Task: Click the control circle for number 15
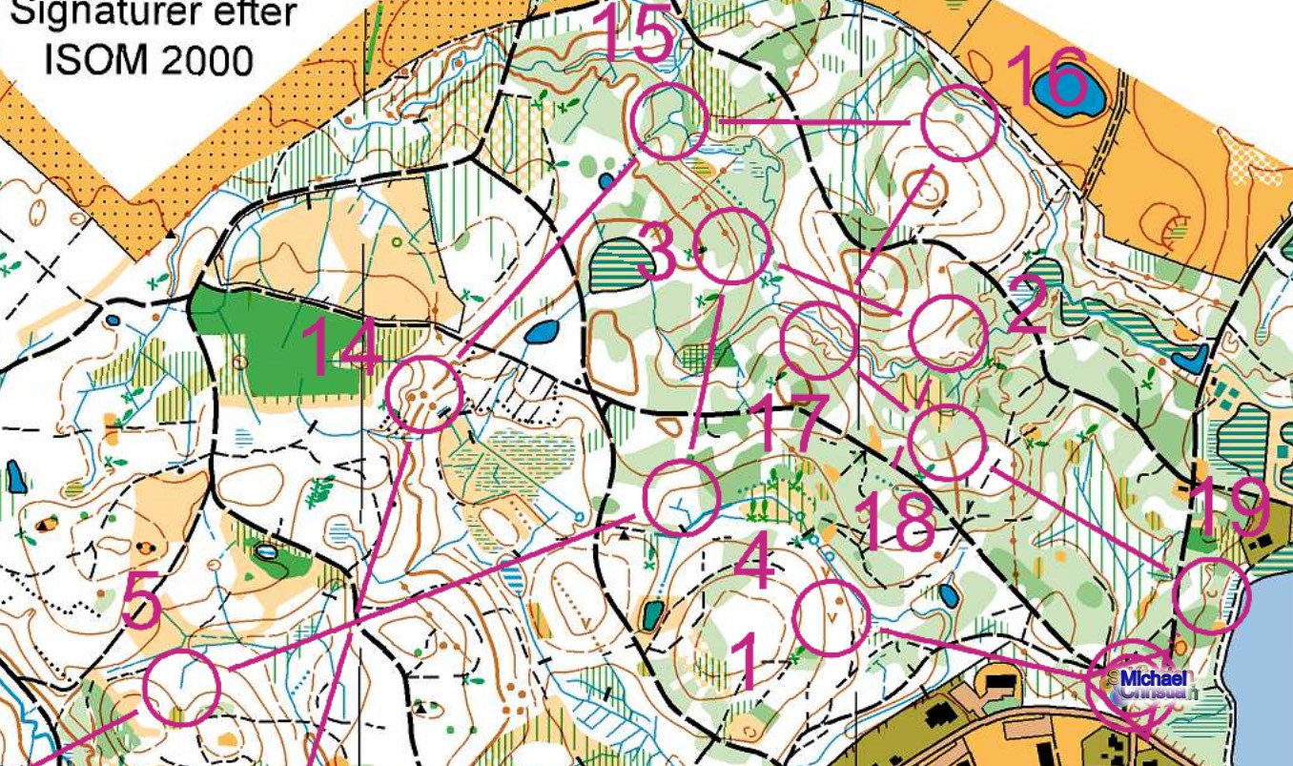(x=669, y=121)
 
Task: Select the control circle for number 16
(x=959, y=122)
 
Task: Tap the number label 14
(x=345, y=347)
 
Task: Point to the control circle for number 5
(x=182, y=687)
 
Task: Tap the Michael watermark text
(x=1156, y=679)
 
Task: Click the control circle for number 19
(x=1209, y=596)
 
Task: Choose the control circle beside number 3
(x=731, y=247)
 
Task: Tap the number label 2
(x=1028, y=307)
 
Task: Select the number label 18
(x=896, y=522)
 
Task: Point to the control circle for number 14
(x=425, y=394)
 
